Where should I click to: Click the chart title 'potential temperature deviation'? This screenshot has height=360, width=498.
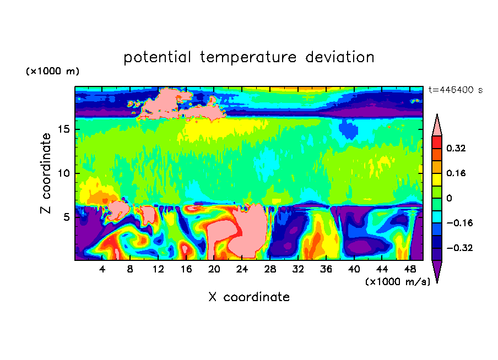pyautogui.click(x=248, y=58)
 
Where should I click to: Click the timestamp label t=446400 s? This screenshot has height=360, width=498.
pyautogui.click(x=456, y=90)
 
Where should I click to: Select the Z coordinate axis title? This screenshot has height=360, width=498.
pyautogui.click(x=46, y=173)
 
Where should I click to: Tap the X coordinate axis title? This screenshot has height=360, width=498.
pyautogui.click(x=249, y=297)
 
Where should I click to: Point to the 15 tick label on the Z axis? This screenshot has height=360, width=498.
pyautogui.click(x=64, y=129)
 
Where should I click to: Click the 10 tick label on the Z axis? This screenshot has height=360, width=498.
pyautogui.click(x=64, y=173)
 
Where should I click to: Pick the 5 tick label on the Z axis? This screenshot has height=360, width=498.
pyautogui.click(x=67, y=217)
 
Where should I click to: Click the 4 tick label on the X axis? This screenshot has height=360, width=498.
pyautogui.click(x=102, y=269)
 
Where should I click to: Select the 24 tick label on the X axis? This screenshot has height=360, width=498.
pyautogui.click(x=242, y=269)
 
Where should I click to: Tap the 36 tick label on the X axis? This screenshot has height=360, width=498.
pyautogui.click(x=326, y=269)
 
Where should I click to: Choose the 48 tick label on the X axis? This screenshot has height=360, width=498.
pyautogui.click(x=410, y=269)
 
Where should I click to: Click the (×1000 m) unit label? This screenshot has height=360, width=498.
pyautogui.click(x=52, y=71)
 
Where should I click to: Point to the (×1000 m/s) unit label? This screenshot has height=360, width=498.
pyautogui.click(x=398, y=282)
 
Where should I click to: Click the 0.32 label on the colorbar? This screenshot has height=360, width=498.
pyautogui.click(x=456, y=148)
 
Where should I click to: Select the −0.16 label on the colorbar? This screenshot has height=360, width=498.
pyautogui.click(x=459, y=223)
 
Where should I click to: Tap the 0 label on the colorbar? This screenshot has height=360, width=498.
pyautogui.click(x=449, y=198)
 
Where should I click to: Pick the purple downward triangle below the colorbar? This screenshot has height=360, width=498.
pyautogui.click(x=437, y=270)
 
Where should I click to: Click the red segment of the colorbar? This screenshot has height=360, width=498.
pyautogui.click(x=437, y=142)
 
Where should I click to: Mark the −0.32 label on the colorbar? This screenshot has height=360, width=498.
pyautogui.click(x=459, y=248)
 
